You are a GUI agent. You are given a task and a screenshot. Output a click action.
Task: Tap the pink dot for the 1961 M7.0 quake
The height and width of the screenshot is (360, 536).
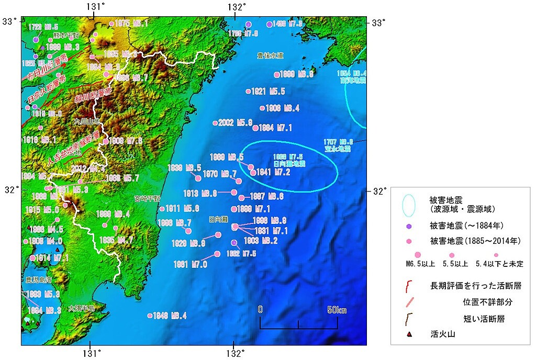pos(217,254)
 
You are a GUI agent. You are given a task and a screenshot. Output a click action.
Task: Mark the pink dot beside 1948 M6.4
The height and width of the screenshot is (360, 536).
pos(150,316)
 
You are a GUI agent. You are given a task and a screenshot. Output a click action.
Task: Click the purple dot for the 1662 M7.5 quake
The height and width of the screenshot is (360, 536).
pos(234,243)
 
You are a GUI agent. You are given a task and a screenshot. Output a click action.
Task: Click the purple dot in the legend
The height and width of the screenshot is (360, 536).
pos(409,226)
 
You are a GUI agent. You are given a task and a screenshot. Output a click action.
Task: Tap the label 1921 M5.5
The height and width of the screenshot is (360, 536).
pos(268,92)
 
